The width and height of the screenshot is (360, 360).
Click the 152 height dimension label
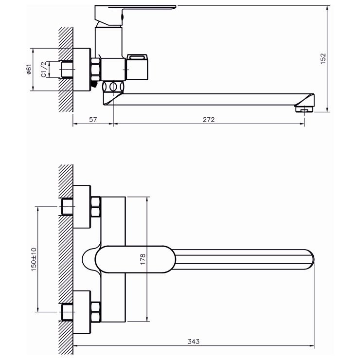point(323,59)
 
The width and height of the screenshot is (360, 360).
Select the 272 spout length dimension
point(209,120)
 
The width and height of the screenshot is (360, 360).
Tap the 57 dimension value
point(93,120)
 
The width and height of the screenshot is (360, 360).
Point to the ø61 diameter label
point(29,70)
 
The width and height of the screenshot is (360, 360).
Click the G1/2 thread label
point(44,70)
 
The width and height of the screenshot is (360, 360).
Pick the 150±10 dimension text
point(34,259)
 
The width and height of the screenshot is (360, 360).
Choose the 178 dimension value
point(143,259)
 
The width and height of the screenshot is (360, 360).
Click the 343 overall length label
point(193,342)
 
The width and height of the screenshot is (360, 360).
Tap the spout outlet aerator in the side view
point(304,109)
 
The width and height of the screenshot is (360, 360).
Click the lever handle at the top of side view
point(135,14)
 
